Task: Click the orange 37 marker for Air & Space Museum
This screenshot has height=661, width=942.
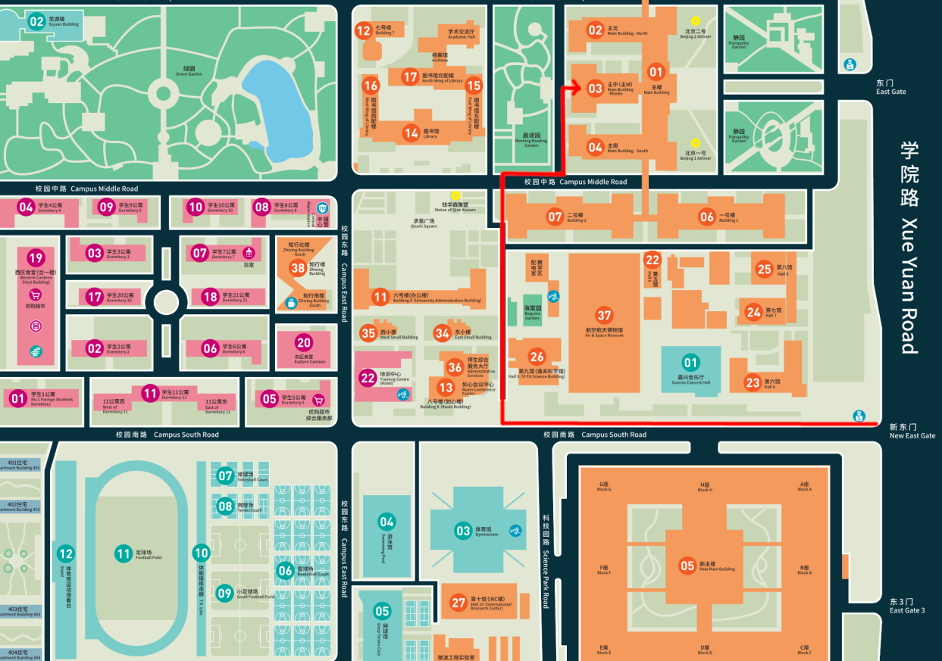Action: click(604, 315)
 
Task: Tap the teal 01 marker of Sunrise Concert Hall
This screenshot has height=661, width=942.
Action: click(690, 362)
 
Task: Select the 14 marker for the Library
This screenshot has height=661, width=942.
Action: click(411, 133)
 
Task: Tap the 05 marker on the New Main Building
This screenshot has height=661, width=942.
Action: click(687, 565)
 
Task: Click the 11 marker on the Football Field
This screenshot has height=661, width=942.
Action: click(124, 553)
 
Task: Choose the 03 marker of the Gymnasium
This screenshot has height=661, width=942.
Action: click(463, 531)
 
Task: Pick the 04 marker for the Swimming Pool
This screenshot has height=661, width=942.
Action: click(387, 521)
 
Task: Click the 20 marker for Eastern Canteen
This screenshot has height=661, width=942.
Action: click(303, 342)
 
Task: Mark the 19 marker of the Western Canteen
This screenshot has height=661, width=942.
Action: click(36, 257)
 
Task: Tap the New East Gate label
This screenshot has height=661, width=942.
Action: click(912, 432)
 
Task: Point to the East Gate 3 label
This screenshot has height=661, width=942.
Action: click(907, 606)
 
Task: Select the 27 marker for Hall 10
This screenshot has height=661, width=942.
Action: click(458, 603)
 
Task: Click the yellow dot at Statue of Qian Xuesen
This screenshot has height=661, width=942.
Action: click(455, 196)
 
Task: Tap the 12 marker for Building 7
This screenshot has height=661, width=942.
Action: click(363, 30)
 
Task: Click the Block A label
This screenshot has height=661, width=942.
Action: click(804, 486)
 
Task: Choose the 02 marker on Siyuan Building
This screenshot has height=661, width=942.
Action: click(36, 21)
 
